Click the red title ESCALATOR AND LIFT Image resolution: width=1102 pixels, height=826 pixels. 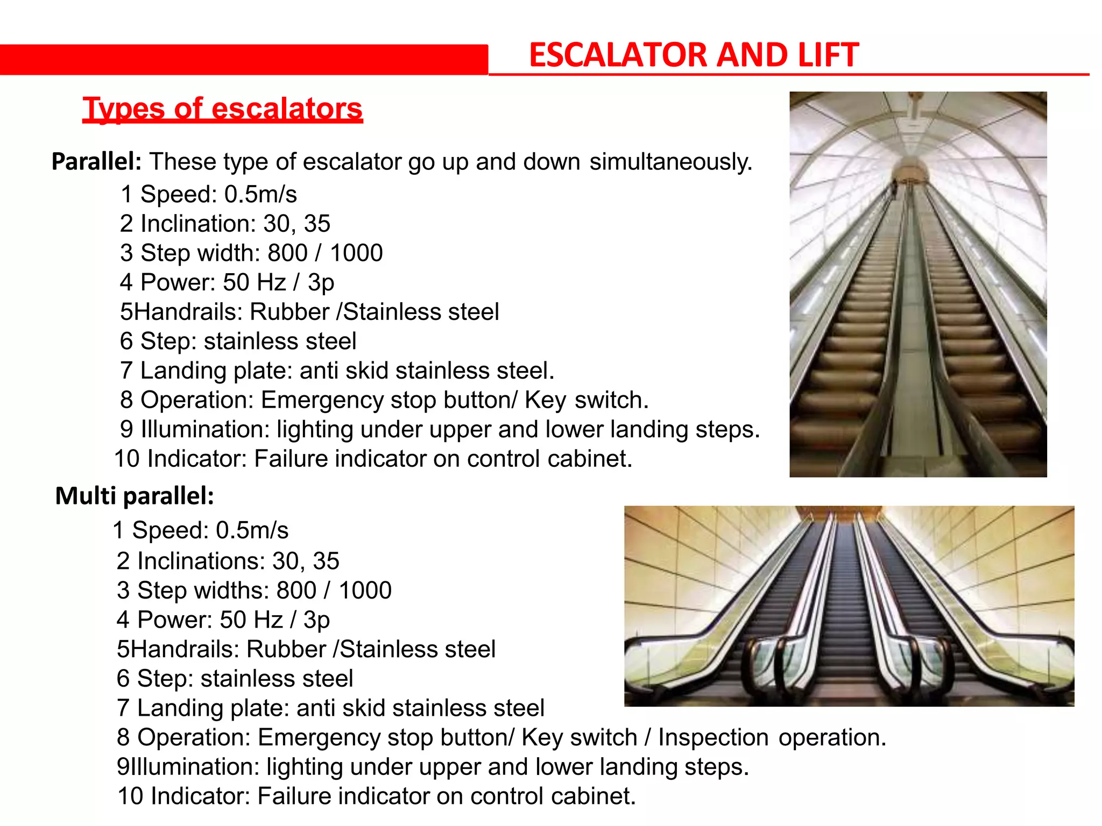[693, 55]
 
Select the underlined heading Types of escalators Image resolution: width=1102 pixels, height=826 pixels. [222, 109]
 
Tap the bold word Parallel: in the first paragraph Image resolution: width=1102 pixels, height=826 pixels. [96, 161]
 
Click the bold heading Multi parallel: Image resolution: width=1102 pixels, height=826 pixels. [135, 496]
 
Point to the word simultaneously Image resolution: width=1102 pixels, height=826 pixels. [670, 162]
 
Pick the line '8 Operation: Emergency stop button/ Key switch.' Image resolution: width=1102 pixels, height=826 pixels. [384, 400]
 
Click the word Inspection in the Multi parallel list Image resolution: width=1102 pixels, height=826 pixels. [713, 737]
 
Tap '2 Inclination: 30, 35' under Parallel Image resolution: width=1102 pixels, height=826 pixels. [225, 224]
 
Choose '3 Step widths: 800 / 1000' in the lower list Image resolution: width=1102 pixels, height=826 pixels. [254, 590]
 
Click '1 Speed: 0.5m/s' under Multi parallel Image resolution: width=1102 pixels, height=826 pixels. [200, 530]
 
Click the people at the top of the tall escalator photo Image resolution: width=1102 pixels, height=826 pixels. [895, 188]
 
